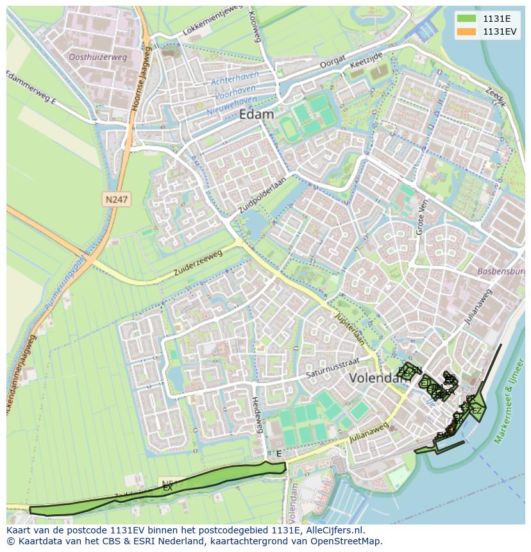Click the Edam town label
tap(256, 115)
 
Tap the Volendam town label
tap(375, 378)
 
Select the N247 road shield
tap(116, 200)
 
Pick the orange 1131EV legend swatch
tap(468, 31)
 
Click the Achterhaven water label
tap(235, 79)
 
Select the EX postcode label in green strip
tap(167, 488)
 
